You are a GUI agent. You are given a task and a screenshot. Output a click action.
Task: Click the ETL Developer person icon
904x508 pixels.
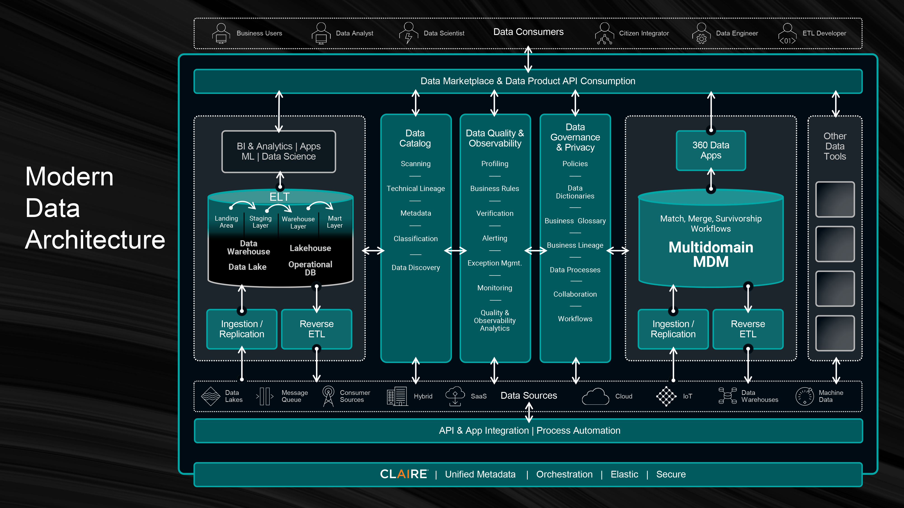787,34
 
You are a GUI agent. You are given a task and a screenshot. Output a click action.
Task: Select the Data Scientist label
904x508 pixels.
444,33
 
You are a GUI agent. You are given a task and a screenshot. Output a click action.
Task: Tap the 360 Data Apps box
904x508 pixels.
711,150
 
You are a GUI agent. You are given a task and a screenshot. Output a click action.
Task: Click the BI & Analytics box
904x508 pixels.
279,151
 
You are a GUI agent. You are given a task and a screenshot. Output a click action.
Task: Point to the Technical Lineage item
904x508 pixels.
416,189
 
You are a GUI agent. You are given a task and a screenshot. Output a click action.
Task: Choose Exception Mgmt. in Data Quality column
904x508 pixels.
494,263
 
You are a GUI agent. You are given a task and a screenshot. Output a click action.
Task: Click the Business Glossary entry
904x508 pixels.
575,221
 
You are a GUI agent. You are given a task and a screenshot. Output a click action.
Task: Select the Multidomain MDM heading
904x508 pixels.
711,254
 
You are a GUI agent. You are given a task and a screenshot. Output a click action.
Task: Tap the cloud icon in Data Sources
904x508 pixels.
595,396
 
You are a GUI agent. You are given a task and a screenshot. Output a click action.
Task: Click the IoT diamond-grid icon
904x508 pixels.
666,396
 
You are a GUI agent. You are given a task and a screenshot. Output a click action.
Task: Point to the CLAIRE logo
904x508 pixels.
404,474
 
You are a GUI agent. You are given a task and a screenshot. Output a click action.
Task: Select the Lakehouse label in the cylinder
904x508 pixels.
310,248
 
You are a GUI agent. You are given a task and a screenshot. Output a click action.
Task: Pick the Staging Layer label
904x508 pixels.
260,222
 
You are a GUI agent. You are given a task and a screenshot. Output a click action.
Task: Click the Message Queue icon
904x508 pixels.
265,396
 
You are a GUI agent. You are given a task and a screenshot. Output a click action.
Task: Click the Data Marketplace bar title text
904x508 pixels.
528,81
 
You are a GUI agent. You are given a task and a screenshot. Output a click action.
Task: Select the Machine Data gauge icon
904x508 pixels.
804,396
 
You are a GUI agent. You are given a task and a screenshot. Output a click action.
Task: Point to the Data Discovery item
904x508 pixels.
416,268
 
